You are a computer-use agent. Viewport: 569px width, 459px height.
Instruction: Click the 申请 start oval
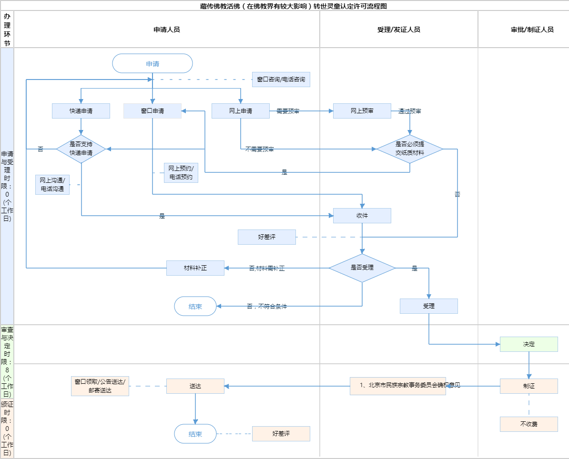[152, 63]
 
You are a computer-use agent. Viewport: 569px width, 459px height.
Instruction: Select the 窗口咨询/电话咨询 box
[281, 80]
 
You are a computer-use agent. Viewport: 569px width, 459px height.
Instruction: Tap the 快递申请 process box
[81, 111]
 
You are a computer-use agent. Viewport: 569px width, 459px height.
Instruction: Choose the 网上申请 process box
[241, 111]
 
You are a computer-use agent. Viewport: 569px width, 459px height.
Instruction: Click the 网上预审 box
[362, 111]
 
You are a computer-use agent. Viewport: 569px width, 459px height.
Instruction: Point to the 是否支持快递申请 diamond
[81, 149]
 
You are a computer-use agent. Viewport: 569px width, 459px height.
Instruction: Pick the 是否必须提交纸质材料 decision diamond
[410, 149]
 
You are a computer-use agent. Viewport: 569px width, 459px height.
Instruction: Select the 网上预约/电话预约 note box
[181, 173]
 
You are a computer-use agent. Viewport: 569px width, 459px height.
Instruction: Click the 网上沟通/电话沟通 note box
[52, 185]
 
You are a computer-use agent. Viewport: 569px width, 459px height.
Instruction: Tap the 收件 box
[362, 216]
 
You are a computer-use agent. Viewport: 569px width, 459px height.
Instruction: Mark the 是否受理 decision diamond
[362, 268]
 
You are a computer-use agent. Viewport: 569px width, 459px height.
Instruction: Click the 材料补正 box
[195, 268]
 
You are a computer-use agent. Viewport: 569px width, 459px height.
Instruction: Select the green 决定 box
[529, 344]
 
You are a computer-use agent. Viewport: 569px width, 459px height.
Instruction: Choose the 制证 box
[529, 386]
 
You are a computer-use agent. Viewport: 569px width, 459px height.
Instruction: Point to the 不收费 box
[529, 424]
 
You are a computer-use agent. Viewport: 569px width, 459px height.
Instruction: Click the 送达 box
[195, 386]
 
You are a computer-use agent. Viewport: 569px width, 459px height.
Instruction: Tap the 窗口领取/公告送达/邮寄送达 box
[100, 386]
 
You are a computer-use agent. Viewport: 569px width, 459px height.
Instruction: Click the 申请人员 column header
[167, 30]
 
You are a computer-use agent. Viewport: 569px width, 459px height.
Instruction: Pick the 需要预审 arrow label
[288, 111]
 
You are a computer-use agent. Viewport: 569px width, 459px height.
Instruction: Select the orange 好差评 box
[281, 434]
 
